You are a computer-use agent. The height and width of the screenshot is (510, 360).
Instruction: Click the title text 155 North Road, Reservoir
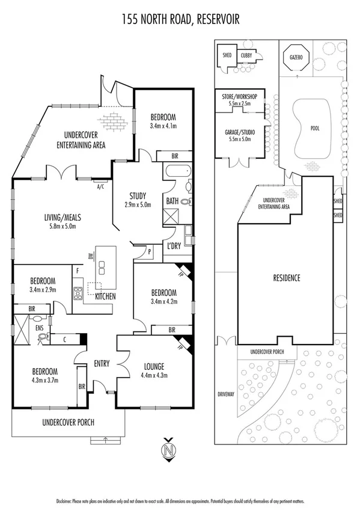pos(180,20)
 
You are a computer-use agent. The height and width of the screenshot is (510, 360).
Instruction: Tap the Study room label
pos(139,195)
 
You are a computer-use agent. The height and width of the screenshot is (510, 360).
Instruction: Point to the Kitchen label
pos(105,296)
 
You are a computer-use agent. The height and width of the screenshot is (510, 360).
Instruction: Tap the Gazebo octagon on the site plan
pos(294,57)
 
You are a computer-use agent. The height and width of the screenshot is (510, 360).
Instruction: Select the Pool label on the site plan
pos(314,128)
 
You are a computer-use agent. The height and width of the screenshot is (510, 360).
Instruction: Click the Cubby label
pos(246,55)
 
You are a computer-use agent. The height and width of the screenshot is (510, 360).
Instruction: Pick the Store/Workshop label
pos(239,96)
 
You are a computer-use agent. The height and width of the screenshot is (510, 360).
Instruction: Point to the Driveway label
pos(227,395)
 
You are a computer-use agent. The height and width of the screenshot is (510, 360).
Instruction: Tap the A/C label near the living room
pos(100,186)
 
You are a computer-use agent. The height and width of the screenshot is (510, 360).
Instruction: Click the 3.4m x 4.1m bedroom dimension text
pos(163,127)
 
